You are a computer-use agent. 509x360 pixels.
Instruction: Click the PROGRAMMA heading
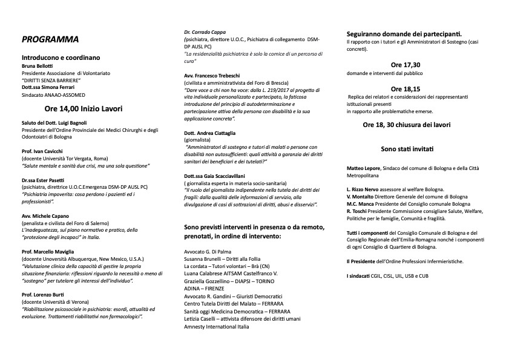(50, 40)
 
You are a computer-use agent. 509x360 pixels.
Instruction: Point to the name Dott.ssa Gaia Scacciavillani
(220, 175)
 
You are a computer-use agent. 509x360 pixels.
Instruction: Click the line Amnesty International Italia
(216, 327)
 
